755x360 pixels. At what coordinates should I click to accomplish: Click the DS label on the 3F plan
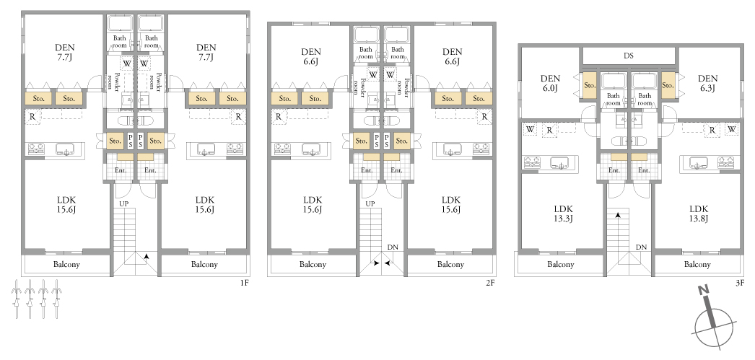[629, 56]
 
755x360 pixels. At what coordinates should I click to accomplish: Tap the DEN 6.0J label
[550, 83]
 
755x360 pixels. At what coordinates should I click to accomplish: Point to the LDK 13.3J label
[563, 214]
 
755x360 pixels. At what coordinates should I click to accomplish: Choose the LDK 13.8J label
[698, 214]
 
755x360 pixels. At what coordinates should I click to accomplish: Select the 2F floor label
[490, 283]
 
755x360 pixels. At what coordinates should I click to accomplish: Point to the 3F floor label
[740, 283]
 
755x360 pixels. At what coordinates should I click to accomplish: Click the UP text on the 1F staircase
[123, 204]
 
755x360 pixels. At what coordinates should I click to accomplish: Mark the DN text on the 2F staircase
[393, 247]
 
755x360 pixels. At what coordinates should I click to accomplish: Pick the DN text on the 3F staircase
[641, 247]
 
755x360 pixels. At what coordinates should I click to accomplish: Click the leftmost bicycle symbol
[16, 299]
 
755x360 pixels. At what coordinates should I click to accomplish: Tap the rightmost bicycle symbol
[57, 299]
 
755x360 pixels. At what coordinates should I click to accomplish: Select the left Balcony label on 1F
[66, 264]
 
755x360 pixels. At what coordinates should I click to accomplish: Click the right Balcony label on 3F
[697, 264]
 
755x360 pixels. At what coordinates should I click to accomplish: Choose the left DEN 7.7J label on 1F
[64, 53]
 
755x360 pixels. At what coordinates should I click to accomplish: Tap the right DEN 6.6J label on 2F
[452, 57]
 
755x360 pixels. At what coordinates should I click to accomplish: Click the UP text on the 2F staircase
[370, 204]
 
